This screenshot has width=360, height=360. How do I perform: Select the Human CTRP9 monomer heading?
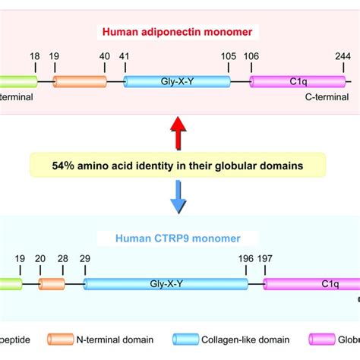coord(180,237)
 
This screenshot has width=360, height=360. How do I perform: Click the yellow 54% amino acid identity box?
coord(178,166)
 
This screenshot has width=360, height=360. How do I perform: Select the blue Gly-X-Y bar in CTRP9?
coord(166,284)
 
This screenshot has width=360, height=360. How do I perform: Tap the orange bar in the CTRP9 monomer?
coord(52,284)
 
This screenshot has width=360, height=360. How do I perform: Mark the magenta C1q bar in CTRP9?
coord(311,284)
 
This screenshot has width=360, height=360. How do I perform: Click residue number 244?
coord(346,56)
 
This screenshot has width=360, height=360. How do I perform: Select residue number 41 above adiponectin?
coord(124,56)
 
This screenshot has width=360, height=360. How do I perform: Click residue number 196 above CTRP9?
coord(246,258)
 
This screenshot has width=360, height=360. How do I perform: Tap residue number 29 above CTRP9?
coord(84,258)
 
